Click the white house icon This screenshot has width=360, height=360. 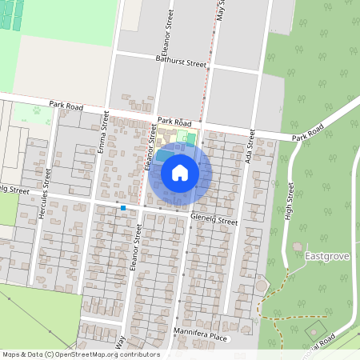(180, 173)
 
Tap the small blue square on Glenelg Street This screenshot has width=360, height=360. (123, 209)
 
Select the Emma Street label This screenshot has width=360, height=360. (103, 133)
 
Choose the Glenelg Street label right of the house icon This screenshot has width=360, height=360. (214, 219)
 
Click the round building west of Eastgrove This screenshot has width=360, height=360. (262, 286)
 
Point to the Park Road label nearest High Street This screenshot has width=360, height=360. (308, 134)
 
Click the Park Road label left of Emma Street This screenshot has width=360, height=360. (66, 104)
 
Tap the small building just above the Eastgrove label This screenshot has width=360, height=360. (298, 246)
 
